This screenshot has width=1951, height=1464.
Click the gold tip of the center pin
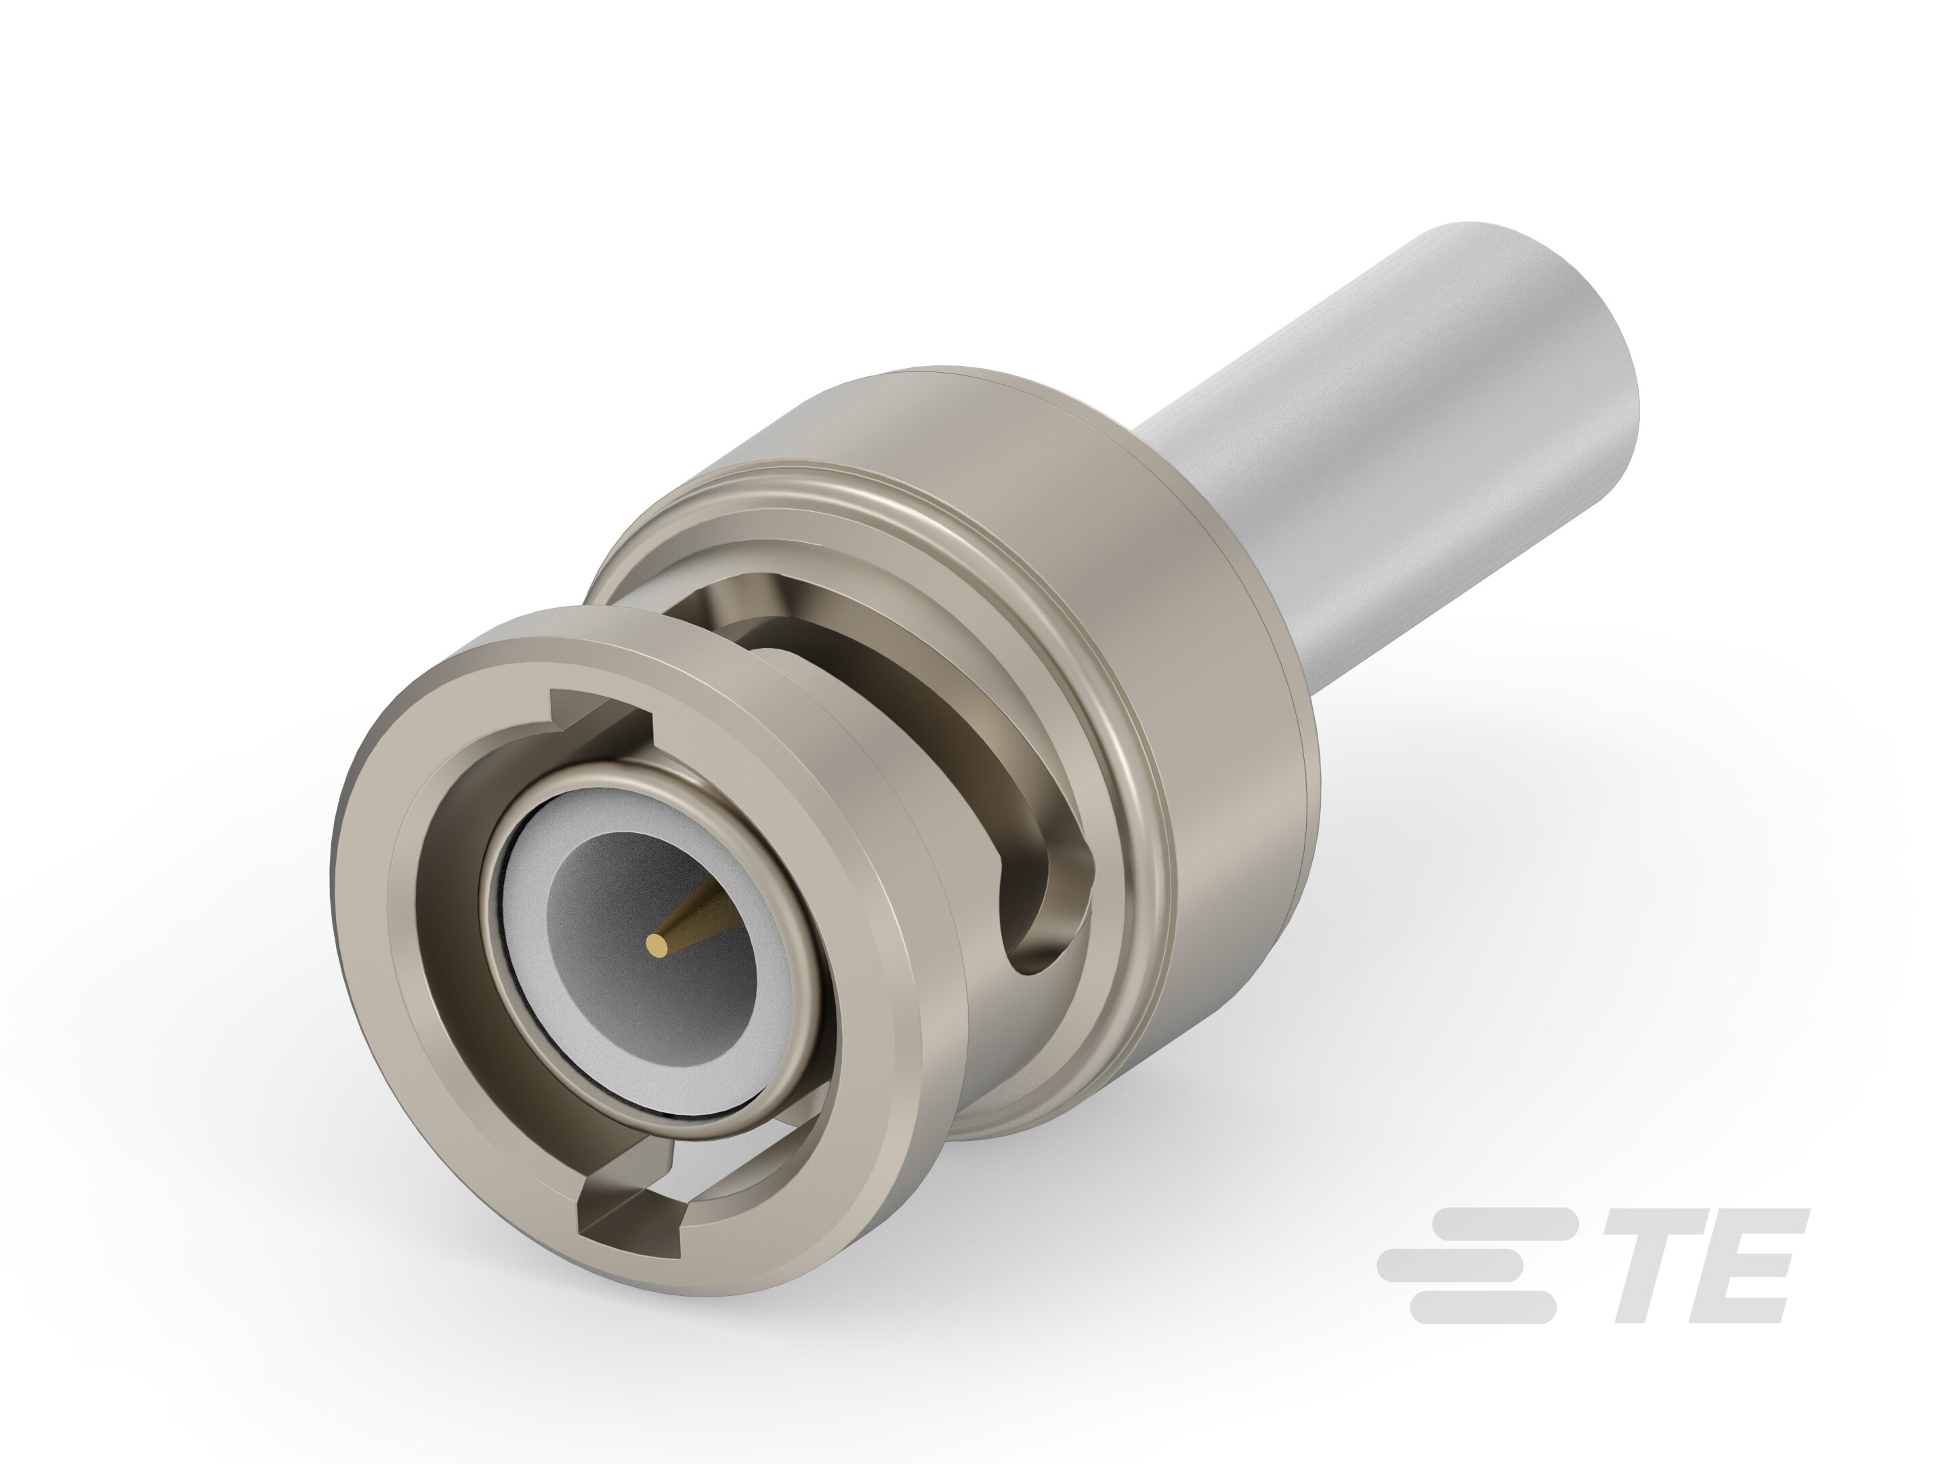[657, 947]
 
